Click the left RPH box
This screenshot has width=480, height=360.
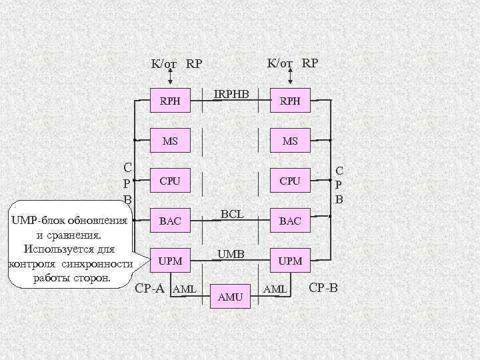tap(170, 101)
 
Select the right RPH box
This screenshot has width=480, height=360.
tap(290, 101)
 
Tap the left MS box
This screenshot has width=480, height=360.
tap(170, 141)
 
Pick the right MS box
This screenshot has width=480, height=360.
tap(290, 141)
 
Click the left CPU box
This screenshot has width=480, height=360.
tap(170, 180)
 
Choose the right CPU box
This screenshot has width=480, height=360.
tap(290, 180)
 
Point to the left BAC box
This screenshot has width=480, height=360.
tap(170, 221)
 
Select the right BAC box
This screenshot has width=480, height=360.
tap(290, 221)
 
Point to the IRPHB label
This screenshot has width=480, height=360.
tap(231, 95)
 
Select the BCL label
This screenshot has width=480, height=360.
tap(231, 214)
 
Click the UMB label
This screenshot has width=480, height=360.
tap(231, 253)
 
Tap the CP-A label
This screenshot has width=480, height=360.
tap(151, 289)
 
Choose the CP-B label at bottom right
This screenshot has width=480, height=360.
tap(325, 289)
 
